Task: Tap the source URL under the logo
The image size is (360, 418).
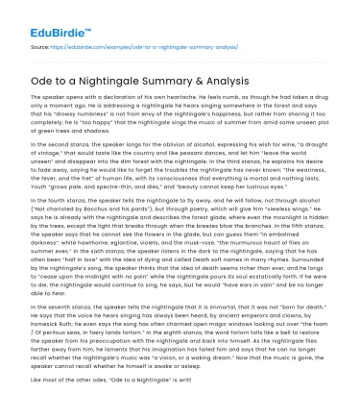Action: point(125,44)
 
